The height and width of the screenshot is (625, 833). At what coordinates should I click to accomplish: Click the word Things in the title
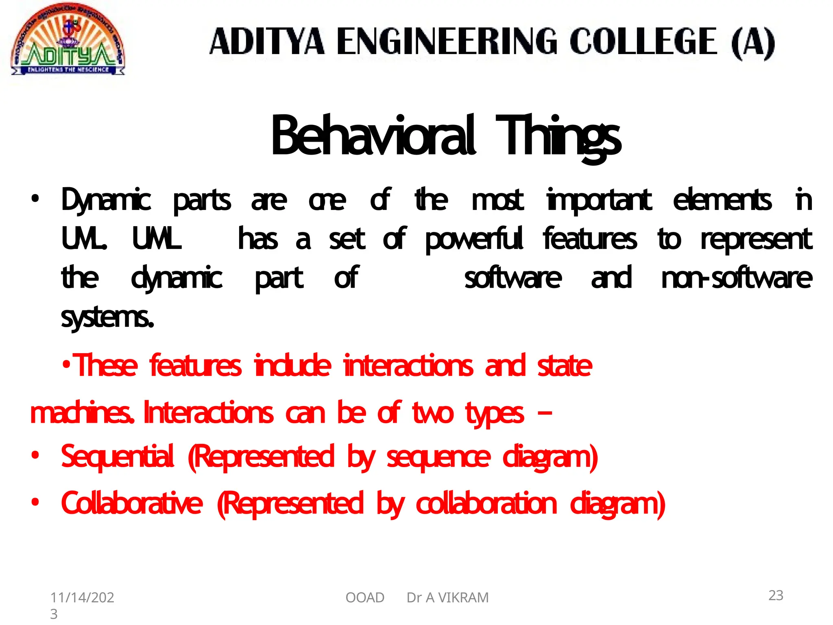[x=558, y=136]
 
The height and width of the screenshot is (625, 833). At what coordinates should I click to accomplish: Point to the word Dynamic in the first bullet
[x=106, y=200]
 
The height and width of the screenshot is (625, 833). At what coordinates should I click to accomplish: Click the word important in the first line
[x=599, y=200]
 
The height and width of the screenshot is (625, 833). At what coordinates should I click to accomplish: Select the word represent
[x=756, y=239]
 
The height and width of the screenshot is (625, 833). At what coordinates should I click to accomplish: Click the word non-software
[x=736, y=278]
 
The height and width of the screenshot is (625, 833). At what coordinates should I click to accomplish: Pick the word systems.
[x=107, y=317]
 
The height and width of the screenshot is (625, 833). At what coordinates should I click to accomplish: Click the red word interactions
[x=408, y=365]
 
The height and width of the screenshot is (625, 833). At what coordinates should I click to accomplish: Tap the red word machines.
[x=81, y=413]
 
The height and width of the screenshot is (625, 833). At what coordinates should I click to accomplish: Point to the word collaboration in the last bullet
[x=486, y=504]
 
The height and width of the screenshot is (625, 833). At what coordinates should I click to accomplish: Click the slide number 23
[x=776, y=595]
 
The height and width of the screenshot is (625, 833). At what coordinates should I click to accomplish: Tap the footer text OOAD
[x=365, y=598]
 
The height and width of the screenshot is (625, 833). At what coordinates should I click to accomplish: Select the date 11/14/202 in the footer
[x=82, y=598]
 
